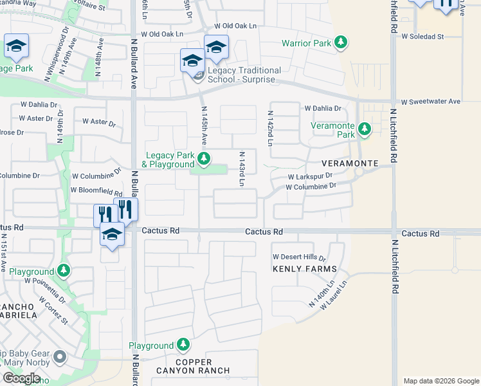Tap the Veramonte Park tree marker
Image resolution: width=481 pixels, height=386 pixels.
pos(365,129)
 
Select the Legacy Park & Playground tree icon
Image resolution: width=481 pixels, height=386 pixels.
pos(204,158)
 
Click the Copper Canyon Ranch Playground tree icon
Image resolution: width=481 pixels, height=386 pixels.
pos(184,345)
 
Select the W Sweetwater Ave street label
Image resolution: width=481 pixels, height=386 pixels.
pos(431,102)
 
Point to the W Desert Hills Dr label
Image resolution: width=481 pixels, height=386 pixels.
pos(300,257)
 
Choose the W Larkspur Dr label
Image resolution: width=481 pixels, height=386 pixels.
pos(310,176)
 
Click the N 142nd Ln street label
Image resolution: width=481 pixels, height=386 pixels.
pos(270,128)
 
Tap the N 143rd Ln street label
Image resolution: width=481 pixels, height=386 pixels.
pos(242,169)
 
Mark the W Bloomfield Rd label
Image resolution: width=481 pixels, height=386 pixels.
pos(96,191)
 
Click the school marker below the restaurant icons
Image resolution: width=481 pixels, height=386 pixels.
pos(112,235)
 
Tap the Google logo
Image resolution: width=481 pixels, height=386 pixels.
pos(21,378)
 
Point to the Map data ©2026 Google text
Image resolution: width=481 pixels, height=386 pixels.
pos(440,381)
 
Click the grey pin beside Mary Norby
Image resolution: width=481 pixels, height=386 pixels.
pos(60,356)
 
